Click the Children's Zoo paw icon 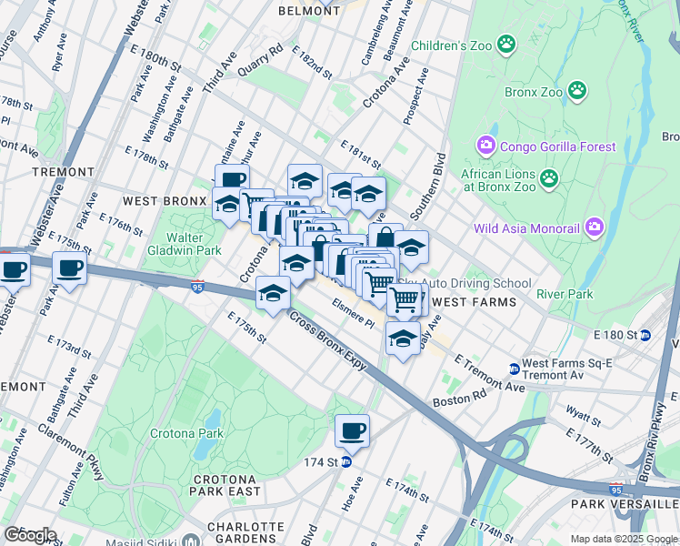click(506, 44)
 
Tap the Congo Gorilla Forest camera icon click(485, 146)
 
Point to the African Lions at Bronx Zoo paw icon click(548, 177)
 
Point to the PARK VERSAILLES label click(624, 503)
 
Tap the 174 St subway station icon click(345, 461)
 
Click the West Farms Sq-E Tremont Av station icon click(514, 369)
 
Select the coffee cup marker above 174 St click(352, 430)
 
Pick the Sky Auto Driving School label click(476, 284)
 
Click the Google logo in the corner click(30, 535)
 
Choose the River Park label click(565, 294)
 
